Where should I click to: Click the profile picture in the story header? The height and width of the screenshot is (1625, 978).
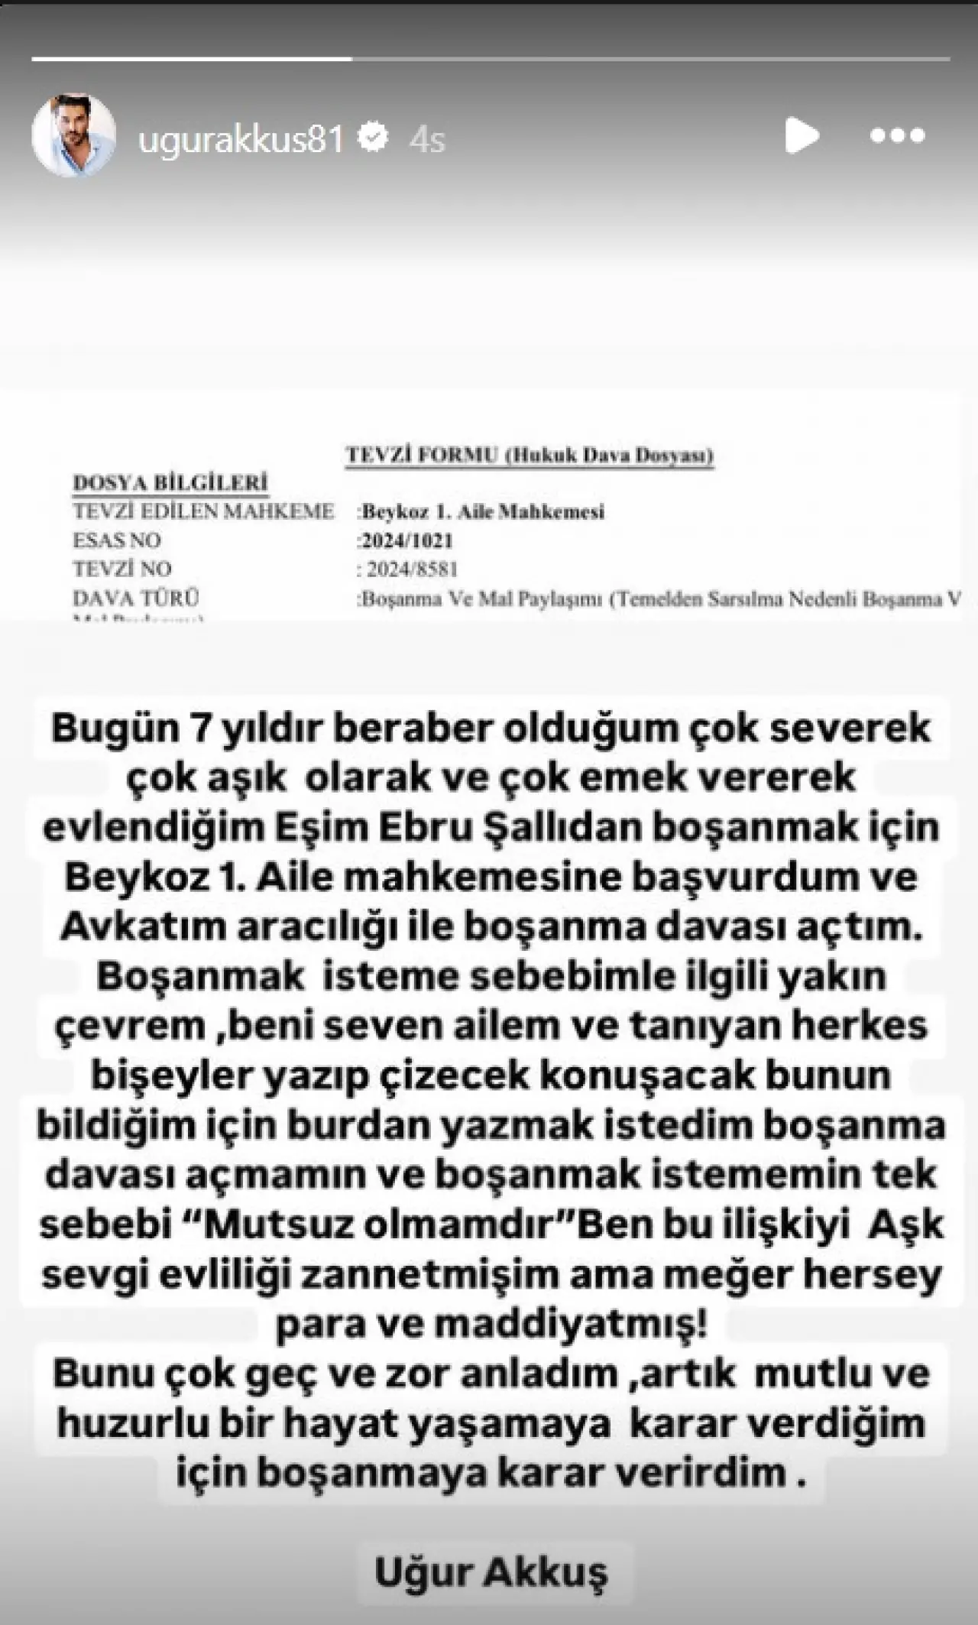pyautogui.click(x=73, y=135)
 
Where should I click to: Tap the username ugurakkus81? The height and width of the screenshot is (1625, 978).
pyautogui.click(x=241, y=139)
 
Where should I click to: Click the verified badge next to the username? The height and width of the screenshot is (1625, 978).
pyautogui.click(x=374, y=138)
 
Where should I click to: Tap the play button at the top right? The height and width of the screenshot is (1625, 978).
pyautogui.click(x=802, y=135)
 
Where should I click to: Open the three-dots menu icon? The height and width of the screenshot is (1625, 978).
pyautogui.click(x=897, y=136)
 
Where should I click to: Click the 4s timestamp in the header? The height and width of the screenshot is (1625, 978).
pyautogui.click(x=427, y=139)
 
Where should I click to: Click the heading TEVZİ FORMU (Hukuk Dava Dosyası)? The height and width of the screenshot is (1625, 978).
pyautogui.click(x=529, y=455)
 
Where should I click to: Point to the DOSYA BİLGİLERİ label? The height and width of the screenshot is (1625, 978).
pyautogui.click(x=170, y=483)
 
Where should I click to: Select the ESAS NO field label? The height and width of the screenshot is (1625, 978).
pyautogui.click(x=117, y=540)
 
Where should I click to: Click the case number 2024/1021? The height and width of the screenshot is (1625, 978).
pyautogui.click(x=406, y=540)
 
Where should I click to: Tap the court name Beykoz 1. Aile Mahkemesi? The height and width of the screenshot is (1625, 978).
pyautogui.click(x=484, y=511)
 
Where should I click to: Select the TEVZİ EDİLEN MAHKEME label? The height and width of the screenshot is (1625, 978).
pyautogui.click(x=203, y=511)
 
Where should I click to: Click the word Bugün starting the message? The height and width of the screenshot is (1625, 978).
pyautogui.click(x=113, y=728)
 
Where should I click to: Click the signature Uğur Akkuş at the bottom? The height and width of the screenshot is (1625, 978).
pyautogui.click(x=491, y=1571)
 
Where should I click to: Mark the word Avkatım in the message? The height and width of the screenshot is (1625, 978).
pyautogui.click(x=142, y=926)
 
